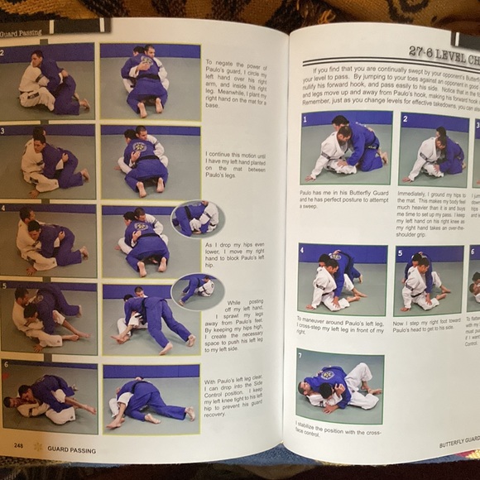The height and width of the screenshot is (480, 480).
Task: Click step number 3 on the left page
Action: pyautogui.click(x=4, y=131)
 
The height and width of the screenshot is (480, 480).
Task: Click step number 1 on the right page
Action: pyautogui.click(x=305, y=118)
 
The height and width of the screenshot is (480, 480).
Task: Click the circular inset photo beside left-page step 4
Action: pyautogui.click(x=195, y=218)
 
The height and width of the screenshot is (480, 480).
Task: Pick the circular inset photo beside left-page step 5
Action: pyautogui.click(x=196, y=290)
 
